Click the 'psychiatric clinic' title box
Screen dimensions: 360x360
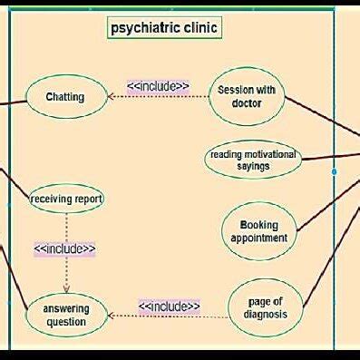164,27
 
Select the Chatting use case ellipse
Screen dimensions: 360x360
65,97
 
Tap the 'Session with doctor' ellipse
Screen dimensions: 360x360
247,96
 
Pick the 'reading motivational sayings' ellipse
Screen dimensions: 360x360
253,160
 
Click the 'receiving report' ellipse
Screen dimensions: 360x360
66,198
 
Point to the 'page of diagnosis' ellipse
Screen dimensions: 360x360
264,308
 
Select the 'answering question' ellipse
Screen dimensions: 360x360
66,315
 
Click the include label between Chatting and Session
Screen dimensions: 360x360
158,87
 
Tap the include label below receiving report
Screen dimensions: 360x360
64,248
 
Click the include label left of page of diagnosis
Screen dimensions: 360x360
169,306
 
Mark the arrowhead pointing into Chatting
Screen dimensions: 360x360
111,96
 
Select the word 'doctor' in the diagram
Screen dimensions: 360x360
247,103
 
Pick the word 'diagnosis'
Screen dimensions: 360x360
264,315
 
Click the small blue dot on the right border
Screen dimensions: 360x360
335,170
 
